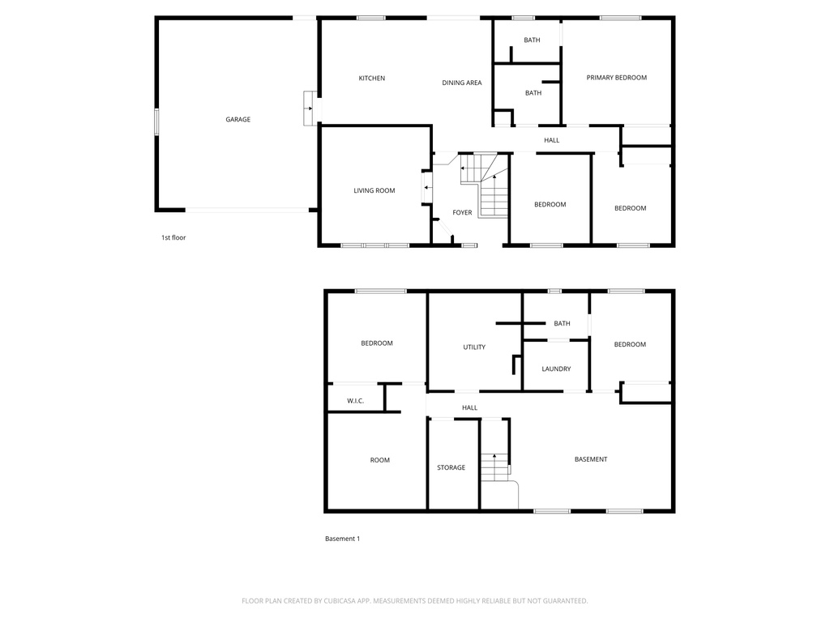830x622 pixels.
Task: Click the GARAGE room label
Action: (237, 120)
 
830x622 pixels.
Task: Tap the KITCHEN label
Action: (372, 79)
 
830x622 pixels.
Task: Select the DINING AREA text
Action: (462, 83)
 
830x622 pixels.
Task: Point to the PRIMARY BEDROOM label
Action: (617, 78)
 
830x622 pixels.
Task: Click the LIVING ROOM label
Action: (374, 191)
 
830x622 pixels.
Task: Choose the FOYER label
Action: (462, 213)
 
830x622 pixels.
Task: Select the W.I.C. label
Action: (355, 401)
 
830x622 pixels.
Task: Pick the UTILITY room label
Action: (474, 347)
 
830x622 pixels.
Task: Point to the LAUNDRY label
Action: (556, 369)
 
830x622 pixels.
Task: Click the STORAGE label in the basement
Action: (451, 467)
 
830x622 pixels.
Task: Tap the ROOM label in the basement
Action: (380, 460)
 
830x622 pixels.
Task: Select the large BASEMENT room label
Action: (591, 459)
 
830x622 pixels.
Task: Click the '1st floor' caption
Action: (173, 237)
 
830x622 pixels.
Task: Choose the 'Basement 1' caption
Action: (342, 539)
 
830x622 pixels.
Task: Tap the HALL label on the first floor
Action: (552, 140)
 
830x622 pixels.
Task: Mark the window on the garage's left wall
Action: (156, 121)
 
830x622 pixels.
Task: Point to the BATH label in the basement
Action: (562, 323)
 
